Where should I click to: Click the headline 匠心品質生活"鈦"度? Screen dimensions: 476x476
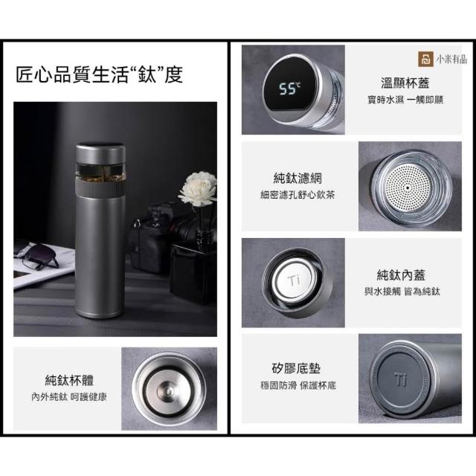tap(99, 74)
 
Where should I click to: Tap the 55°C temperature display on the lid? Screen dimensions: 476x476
tap(290, 89)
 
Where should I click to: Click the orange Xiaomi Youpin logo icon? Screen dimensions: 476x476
tap(425, 59)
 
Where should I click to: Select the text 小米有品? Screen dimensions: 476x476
tap(451, 59)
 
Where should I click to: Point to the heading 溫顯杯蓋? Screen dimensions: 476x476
tap(405, 83)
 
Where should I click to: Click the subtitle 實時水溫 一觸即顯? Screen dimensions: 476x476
tap(405, 100)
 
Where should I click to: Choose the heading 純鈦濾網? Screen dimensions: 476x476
tap(297, 178)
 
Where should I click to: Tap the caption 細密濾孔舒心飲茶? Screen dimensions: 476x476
tap(297, 195)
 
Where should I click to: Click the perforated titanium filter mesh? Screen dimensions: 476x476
tap(408, 188)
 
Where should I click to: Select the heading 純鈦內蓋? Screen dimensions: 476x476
tap(401, 274)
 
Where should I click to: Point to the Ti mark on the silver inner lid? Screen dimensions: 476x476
tap(294, 280)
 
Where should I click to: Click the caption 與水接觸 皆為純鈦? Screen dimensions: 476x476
tap(402, 292)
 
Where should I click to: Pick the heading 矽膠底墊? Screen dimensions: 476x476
tap(296, 369)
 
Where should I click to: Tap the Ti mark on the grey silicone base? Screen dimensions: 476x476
tap(402, 379)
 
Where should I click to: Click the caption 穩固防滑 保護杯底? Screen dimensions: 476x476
tap(298, 385)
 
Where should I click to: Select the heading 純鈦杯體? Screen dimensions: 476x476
tap(69, 380)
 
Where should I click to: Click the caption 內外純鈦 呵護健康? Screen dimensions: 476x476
tap(69, 396)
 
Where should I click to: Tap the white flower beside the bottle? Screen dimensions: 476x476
tap(199, 188)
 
